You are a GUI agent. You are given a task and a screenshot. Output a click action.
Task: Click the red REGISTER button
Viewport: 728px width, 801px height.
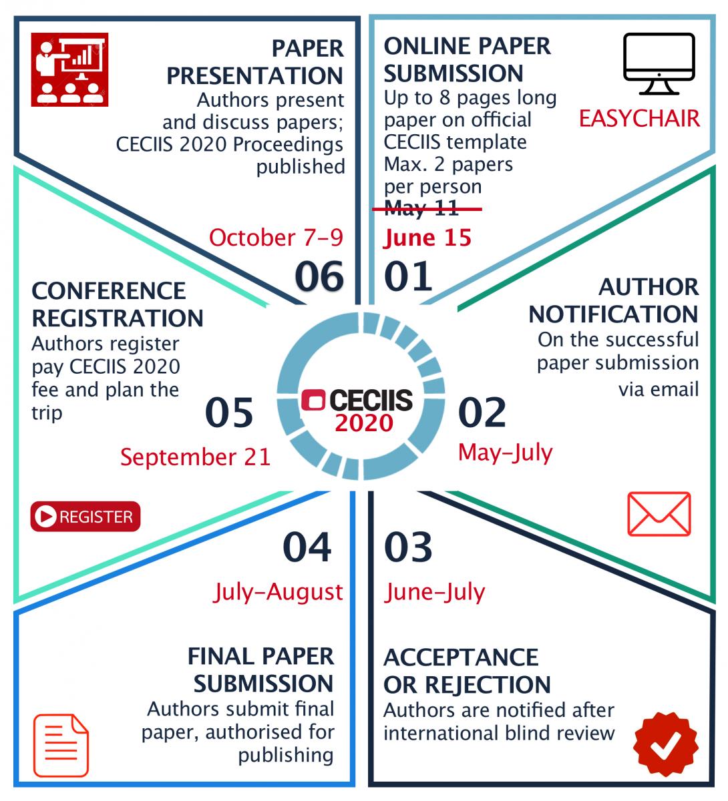point(85,516)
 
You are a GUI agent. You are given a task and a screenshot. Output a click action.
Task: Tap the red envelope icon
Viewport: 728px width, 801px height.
point(659,514)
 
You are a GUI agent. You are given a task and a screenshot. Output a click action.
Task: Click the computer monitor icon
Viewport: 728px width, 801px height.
point(659,64)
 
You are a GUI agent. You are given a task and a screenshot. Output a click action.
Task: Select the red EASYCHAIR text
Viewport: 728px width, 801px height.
point(639,119)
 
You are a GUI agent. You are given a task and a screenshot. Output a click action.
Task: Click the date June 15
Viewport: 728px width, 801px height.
point(427,238)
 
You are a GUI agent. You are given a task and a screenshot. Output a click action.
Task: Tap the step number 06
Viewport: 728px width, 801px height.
point(319,276)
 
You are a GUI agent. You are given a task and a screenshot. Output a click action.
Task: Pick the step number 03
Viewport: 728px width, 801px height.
point(408,547)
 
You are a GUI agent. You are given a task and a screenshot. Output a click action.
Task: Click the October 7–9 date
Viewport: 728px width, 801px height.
point(276,238)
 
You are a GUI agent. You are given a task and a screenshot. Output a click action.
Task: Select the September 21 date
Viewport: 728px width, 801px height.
point(196,457)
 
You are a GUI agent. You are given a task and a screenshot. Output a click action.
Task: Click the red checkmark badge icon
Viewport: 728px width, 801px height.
point(666,744)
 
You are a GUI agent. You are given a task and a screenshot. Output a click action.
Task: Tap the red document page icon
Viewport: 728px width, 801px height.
point(61,745)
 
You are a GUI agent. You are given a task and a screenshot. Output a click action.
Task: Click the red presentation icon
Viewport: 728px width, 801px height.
point(69,69)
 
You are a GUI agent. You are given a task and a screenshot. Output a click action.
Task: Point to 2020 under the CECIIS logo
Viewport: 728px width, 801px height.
point(364,423)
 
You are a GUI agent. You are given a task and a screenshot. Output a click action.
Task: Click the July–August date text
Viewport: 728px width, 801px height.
point(278,592)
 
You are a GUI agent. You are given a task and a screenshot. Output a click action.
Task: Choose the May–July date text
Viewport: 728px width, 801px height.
point(505,453)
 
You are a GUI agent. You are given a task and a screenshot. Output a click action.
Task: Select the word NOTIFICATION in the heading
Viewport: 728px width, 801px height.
point(613,314)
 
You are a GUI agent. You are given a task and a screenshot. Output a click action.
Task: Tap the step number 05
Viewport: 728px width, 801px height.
point(229,412)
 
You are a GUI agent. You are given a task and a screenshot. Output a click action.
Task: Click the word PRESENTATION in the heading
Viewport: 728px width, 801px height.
point(255,76)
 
